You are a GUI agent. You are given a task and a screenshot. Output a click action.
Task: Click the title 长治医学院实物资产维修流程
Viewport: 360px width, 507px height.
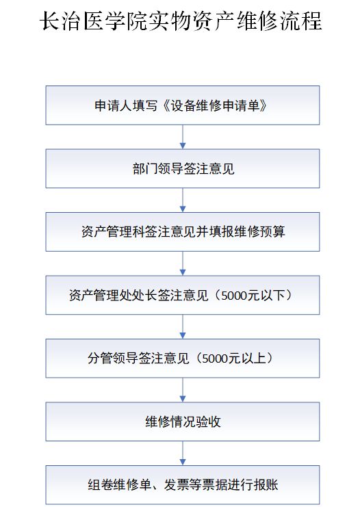[x=181, y=21]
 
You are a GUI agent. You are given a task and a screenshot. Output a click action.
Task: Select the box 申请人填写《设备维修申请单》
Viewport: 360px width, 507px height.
[x=183, y=105]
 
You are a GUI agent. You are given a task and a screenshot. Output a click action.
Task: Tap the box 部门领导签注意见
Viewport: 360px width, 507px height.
[x=183, y=168]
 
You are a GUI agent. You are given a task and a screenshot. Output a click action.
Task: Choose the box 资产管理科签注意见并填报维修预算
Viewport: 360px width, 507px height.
[x=183, y=232]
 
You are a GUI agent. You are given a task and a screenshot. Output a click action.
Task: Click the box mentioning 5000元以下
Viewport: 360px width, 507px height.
[x=183, y=295]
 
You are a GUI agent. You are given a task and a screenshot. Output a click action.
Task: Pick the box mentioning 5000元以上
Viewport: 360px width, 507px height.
[x=183, y=359]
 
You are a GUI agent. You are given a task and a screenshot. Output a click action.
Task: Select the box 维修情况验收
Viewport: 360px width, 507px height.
[x=183, y=421]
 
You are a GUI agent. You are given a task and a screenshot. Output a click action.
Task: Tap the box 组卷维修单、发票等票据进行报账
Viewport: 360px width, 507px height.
[x=183, y=484]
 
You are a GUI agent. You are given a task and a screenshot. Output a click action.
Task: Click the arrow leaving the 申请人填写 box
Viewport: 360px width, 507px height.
[x=183, y=137]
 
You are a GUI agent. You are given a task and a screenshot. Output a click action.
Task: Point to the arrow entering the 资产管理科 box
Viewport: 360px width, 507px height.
[x=183, y=200]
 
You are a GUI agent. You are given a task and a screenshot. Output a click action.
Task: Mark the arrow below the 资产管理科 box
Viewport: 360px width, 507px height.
[x=183, y=263]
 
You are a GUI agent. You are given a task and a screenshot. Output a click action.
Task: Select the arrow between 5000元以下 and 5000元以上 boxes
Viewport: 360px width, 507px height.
[x=183, y=326]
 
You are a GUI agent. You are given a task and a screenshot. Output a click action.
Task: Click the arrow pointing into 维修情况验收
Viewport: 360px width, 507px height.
[x=183, y=390]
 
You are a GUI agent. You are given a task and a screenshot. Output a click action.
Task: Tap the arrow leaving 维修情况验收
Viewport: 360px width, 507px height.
[x=183, y=454]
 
